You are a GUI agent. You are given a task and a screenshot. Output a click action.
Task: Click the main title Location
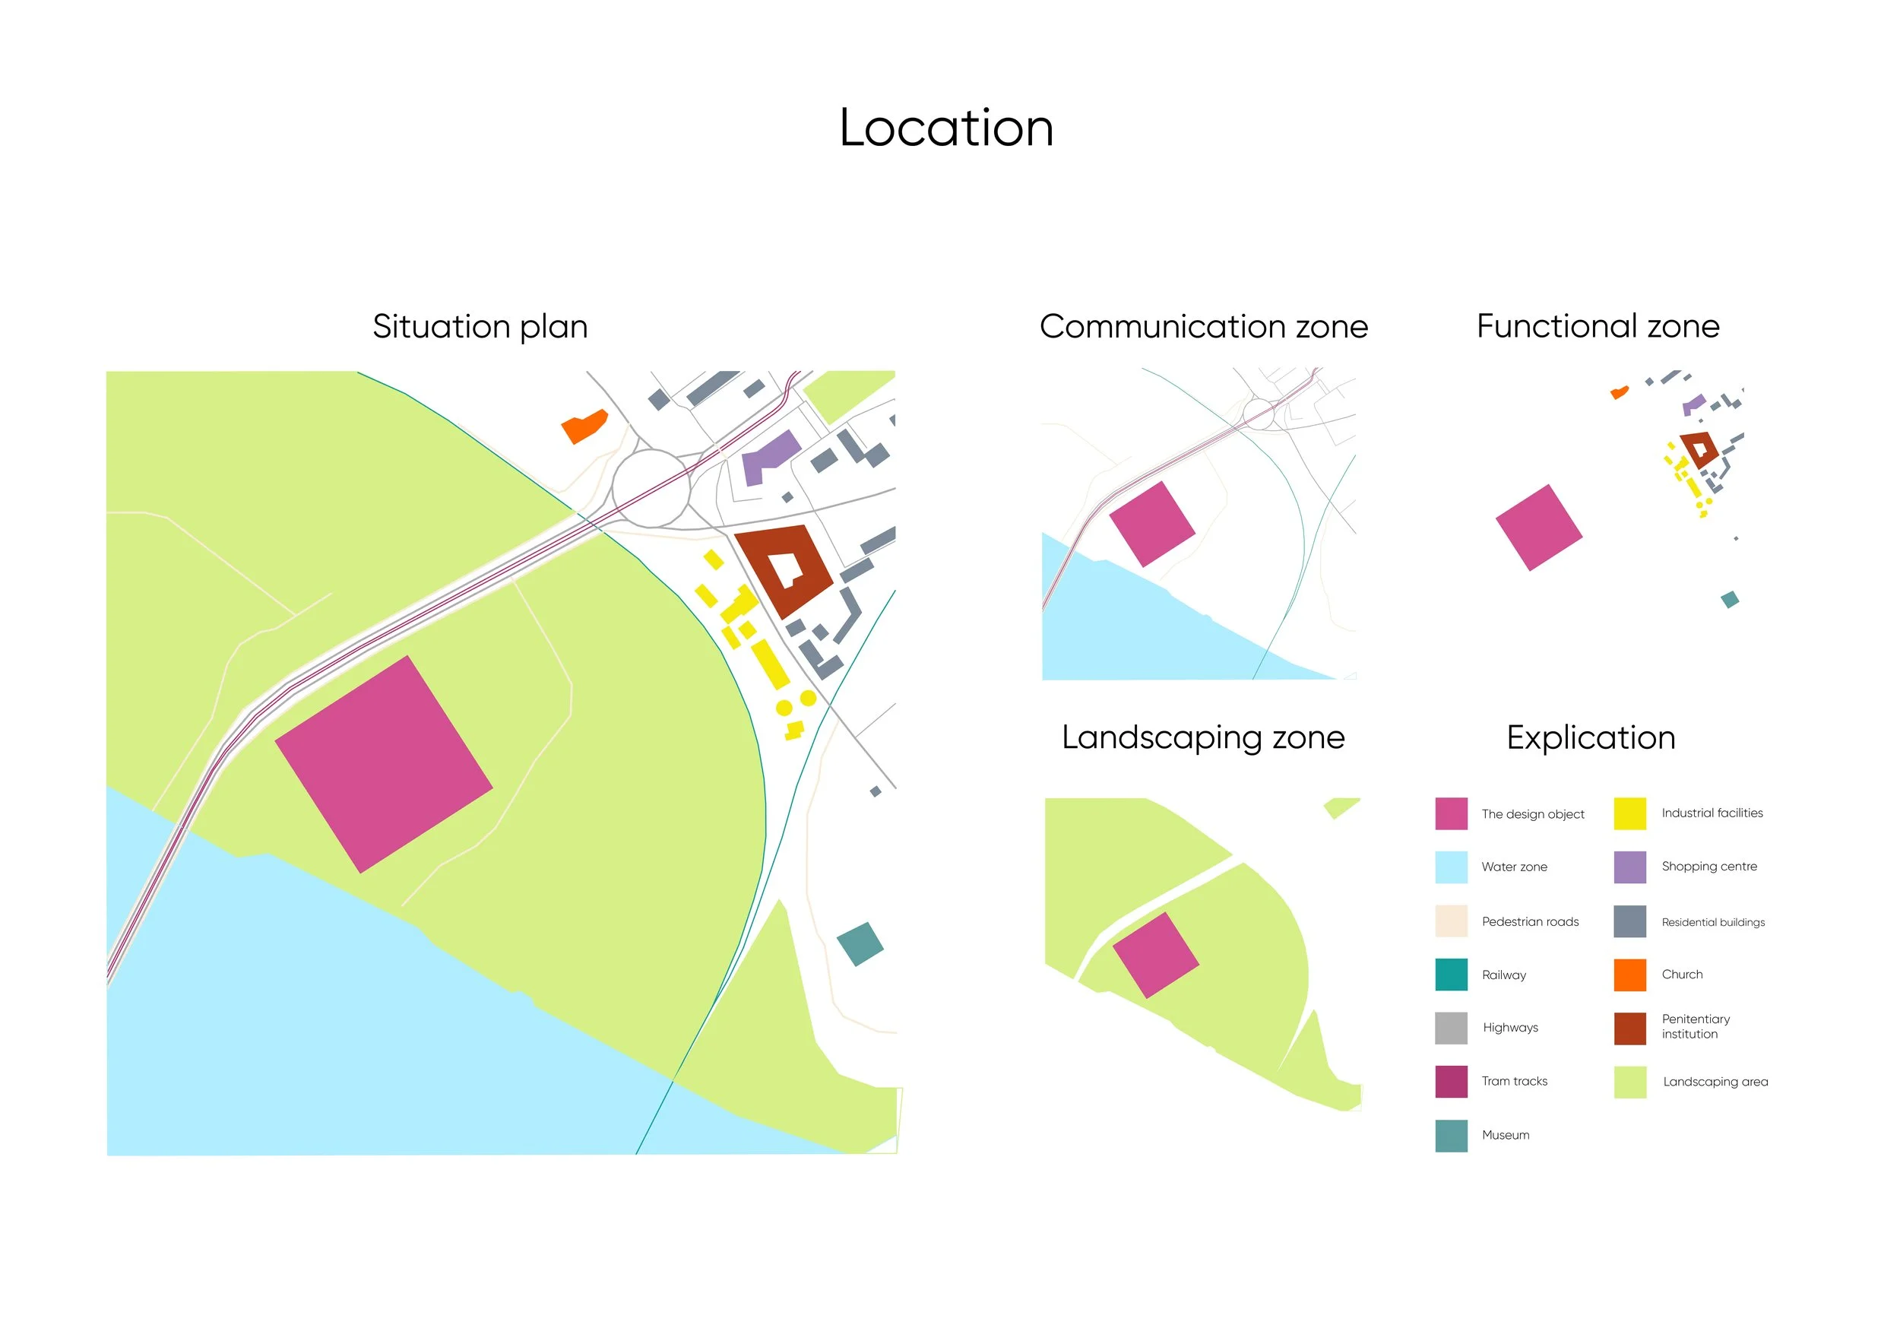coord(946,128)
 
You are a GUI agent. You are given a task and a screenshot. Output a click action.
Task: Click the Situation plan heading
coord(480,326)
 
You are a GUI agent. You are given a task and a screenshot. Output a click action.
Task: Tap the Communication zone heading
coord(1203,326)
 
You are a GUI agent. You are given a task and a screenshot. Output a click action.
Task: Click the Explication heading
coord(1591,737)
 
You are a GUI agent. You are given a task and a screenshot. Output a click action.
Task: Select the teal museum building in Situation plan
coord(860,943)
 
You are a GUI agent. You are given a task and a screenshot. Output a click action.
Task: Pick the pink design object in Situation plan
coord(383,764)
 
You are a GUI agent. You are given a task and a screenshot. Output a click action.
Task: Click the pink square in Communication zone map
coord(1151,524)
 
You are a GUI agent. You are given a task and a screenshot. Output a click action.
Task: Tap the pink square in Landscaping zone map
coord(1155,955)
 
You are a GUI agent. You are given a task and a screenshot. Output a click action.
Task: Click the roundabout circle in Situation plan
coord(651,488)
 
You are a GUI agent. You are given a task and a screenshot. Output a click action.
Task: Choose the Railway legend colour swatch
coord(1451,974)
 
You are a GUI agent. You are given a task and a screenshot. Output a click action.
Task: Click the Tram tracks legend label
coord(1514,1081)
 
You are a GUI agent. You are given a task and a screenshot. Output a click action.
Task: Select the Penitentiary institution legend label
coord(1695,1026)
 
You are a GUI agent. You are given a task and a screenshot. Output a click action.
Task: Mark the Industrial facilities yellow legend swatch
coord(1629,813)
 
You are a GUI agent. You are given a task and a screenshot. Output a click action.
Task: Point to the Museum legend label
coord(1506,1135)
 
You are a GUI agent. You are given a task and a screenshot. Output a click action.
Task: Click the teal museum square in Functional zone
coord(1729,599)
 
